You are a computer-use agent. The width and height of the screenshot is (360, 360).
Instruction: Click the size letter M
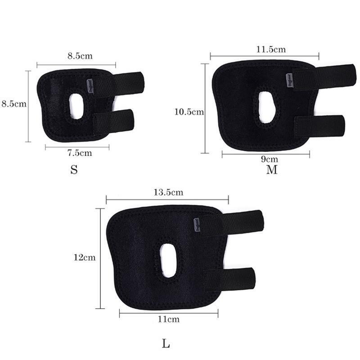(272, 170)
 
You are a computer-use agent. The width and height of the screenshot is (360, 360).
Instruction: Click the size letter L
(166, 345)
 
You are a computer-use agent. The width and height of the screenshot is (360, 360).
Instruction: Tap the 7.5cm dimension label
(79, 153)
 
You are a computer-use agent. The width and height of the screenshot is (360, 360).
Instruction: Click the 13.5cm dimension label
(168, 192)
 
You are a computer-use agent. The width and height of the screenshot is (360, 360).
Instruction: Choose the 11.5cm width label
(265, 49)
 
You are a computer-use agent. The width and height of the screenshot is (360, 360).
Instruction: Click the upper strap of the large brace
(238, 221)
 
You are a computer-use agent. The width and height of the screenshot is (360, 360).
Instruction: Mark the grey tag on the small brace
(90, 85)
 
